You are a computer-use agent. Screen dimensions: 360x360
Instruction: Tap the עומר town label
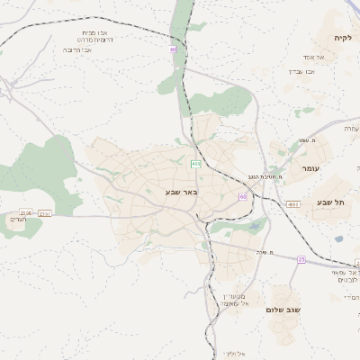point(310,168)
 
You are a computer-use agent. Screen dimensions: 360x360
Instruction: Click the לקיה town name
point(341,38)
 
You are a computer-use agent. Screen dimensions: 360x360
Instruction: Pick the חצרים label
point(18,220)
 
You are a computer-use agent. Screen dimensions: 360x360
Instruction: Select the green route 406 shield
point(195,163)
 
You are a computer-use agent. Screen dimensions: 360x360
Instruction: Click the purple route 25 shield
point(301,259)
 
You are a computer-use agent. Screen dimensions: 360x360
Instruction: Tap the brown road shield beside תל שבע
point(293,204)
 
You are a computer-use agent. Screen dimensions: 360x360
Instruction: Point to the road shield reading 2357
point(45,213)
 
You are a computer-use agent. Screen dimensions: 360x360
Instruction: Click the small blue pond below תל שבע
point(338,239)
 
